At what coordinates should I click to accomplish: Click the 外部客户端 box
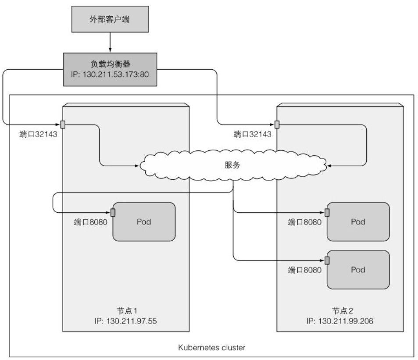click(x=110, y=20)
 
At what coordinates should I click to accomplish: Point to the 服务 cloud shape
click(x=232, y=166)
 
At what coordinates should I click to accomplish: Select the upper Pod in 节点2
click(x=358, y=222)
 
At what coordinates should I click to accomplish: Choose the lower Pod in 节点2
click(x=358, y=269)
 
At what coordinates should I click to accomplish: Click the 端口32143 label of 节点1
click(x=38, y=134)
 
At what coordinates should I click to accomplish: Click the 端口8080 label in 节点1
click(x=91, y=222)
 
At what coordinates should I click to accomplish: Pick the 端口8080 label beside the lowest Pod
click(x=304, y=270)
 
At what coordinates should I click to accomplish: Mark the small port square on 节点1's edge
click(x=63, y=125)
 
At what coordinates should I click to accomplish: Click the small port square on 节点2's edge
click(x=277, y=125)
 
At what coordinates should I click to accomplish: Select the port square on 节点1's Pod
click(x=113, y=212)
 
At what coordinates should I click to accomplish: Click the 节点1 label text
click(x=126, y=311)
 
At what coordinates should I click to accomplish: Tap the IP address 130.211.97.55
click(x=126, y=321)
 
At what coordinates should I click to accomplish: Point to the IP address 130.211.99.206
click(x=340, y=321)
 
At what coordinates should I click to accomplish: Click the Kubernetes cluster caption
click(x=211, y=348)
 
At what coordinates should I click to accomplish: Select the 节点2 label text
click(x=340, y=311)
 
